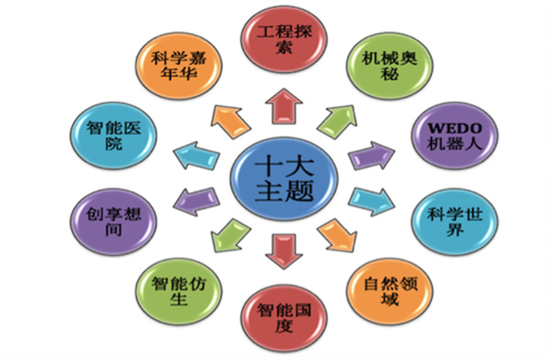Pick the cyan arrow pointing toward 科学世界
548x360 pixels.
368,198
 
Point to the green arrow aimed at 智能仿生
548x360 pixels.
225,236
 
